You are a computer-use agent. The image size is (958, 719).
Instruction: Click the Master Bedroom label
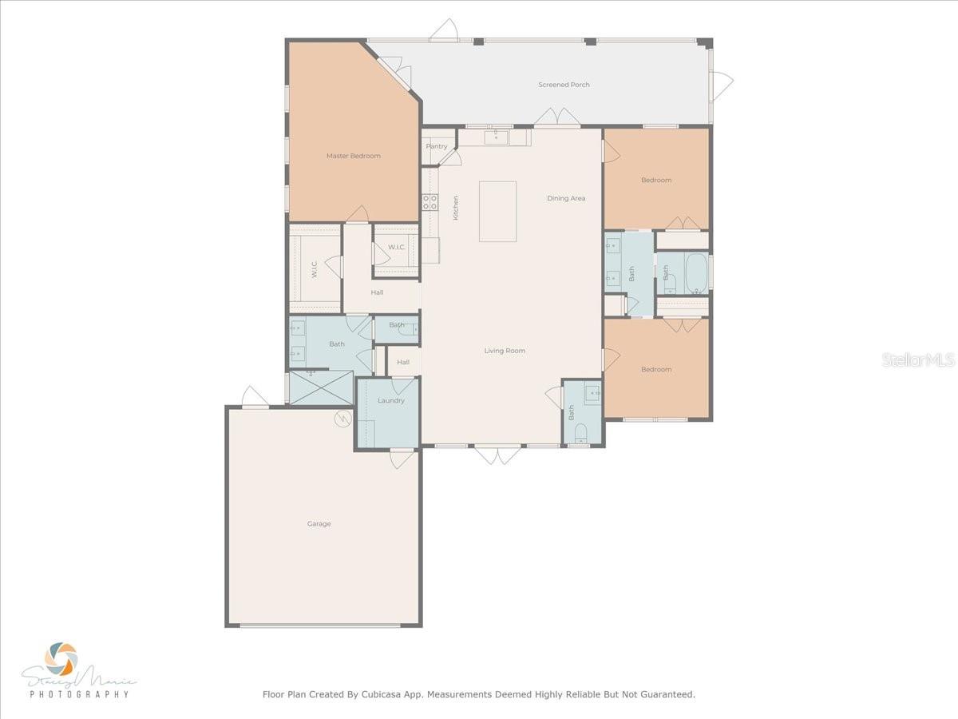click(x=353, y=156)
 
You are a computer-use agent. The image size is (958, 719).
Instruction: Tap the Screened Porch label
click(x=564, y=85)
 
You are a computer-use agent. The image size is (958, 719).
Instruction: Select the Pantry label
click(x=437, y=146)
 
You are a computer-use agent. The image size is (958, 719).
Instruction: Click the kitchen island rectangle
click(x=497, y=211)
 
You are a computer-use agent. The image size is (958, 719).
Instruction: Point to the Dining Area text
click(x=566, y=198)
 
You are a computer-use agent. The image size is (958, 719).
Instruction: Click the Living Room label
click(x=505, y=351)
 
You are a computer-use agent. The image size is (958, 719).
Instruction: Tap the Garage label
click(x=319, y=524)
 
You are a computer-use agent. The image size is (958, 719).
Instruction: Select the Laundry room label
click(x=391, y=400)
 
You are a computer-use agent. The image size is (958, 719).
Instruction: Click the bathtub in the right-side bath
click(x=696, y=272)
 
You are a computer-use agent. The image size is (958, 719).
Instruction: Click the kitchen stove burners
click(x=430, y=201)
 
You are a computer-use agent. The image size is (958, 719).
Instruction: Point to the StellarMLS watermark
click(x=918, y=360)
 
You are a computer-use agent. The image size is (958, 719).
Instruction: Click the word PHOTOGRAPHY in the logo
click(x=79, y=694)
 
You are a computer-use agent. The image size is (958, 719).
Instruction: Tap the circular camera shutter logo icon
click(x=61, y=658)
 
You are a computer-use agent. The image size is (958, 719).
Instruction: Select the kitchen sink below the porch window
click(x=496, y=137)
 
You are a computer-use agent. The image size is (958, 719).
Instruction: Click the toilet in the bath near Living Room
click(x=580, y=433)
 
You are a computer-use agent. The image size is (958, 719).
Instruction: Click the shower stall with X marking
click(x=320, y=387)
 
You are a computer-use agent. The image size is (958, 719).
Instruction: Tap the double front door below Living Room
click(x=497, y=455)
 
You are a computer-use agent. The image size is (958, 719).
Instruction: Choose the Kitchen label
click(x=456, y=208)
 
